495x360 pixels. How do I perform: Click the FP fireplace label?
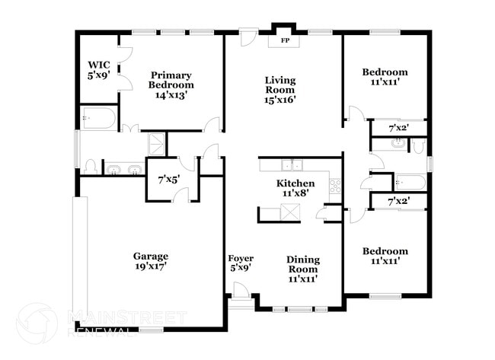286,40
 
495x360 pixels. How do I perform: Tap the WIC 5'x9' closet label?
100,70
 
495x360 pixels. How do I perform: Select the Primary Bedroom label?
171,84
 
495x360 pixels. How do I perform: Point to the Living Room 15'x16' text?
280,89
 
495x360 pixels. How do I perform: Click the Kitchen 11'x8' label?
295,189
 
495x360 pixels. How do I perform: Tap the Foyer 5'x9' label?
241,263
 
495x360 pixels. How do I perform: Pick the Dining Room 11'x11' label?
302,269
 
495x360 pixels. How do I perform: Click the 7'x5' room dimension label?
168,180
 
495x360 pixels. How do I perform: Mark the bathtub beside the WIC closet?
99,119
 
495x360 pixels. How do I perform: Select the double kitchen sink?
291,165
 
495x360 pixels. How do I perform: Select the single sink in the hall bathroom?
398,143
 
